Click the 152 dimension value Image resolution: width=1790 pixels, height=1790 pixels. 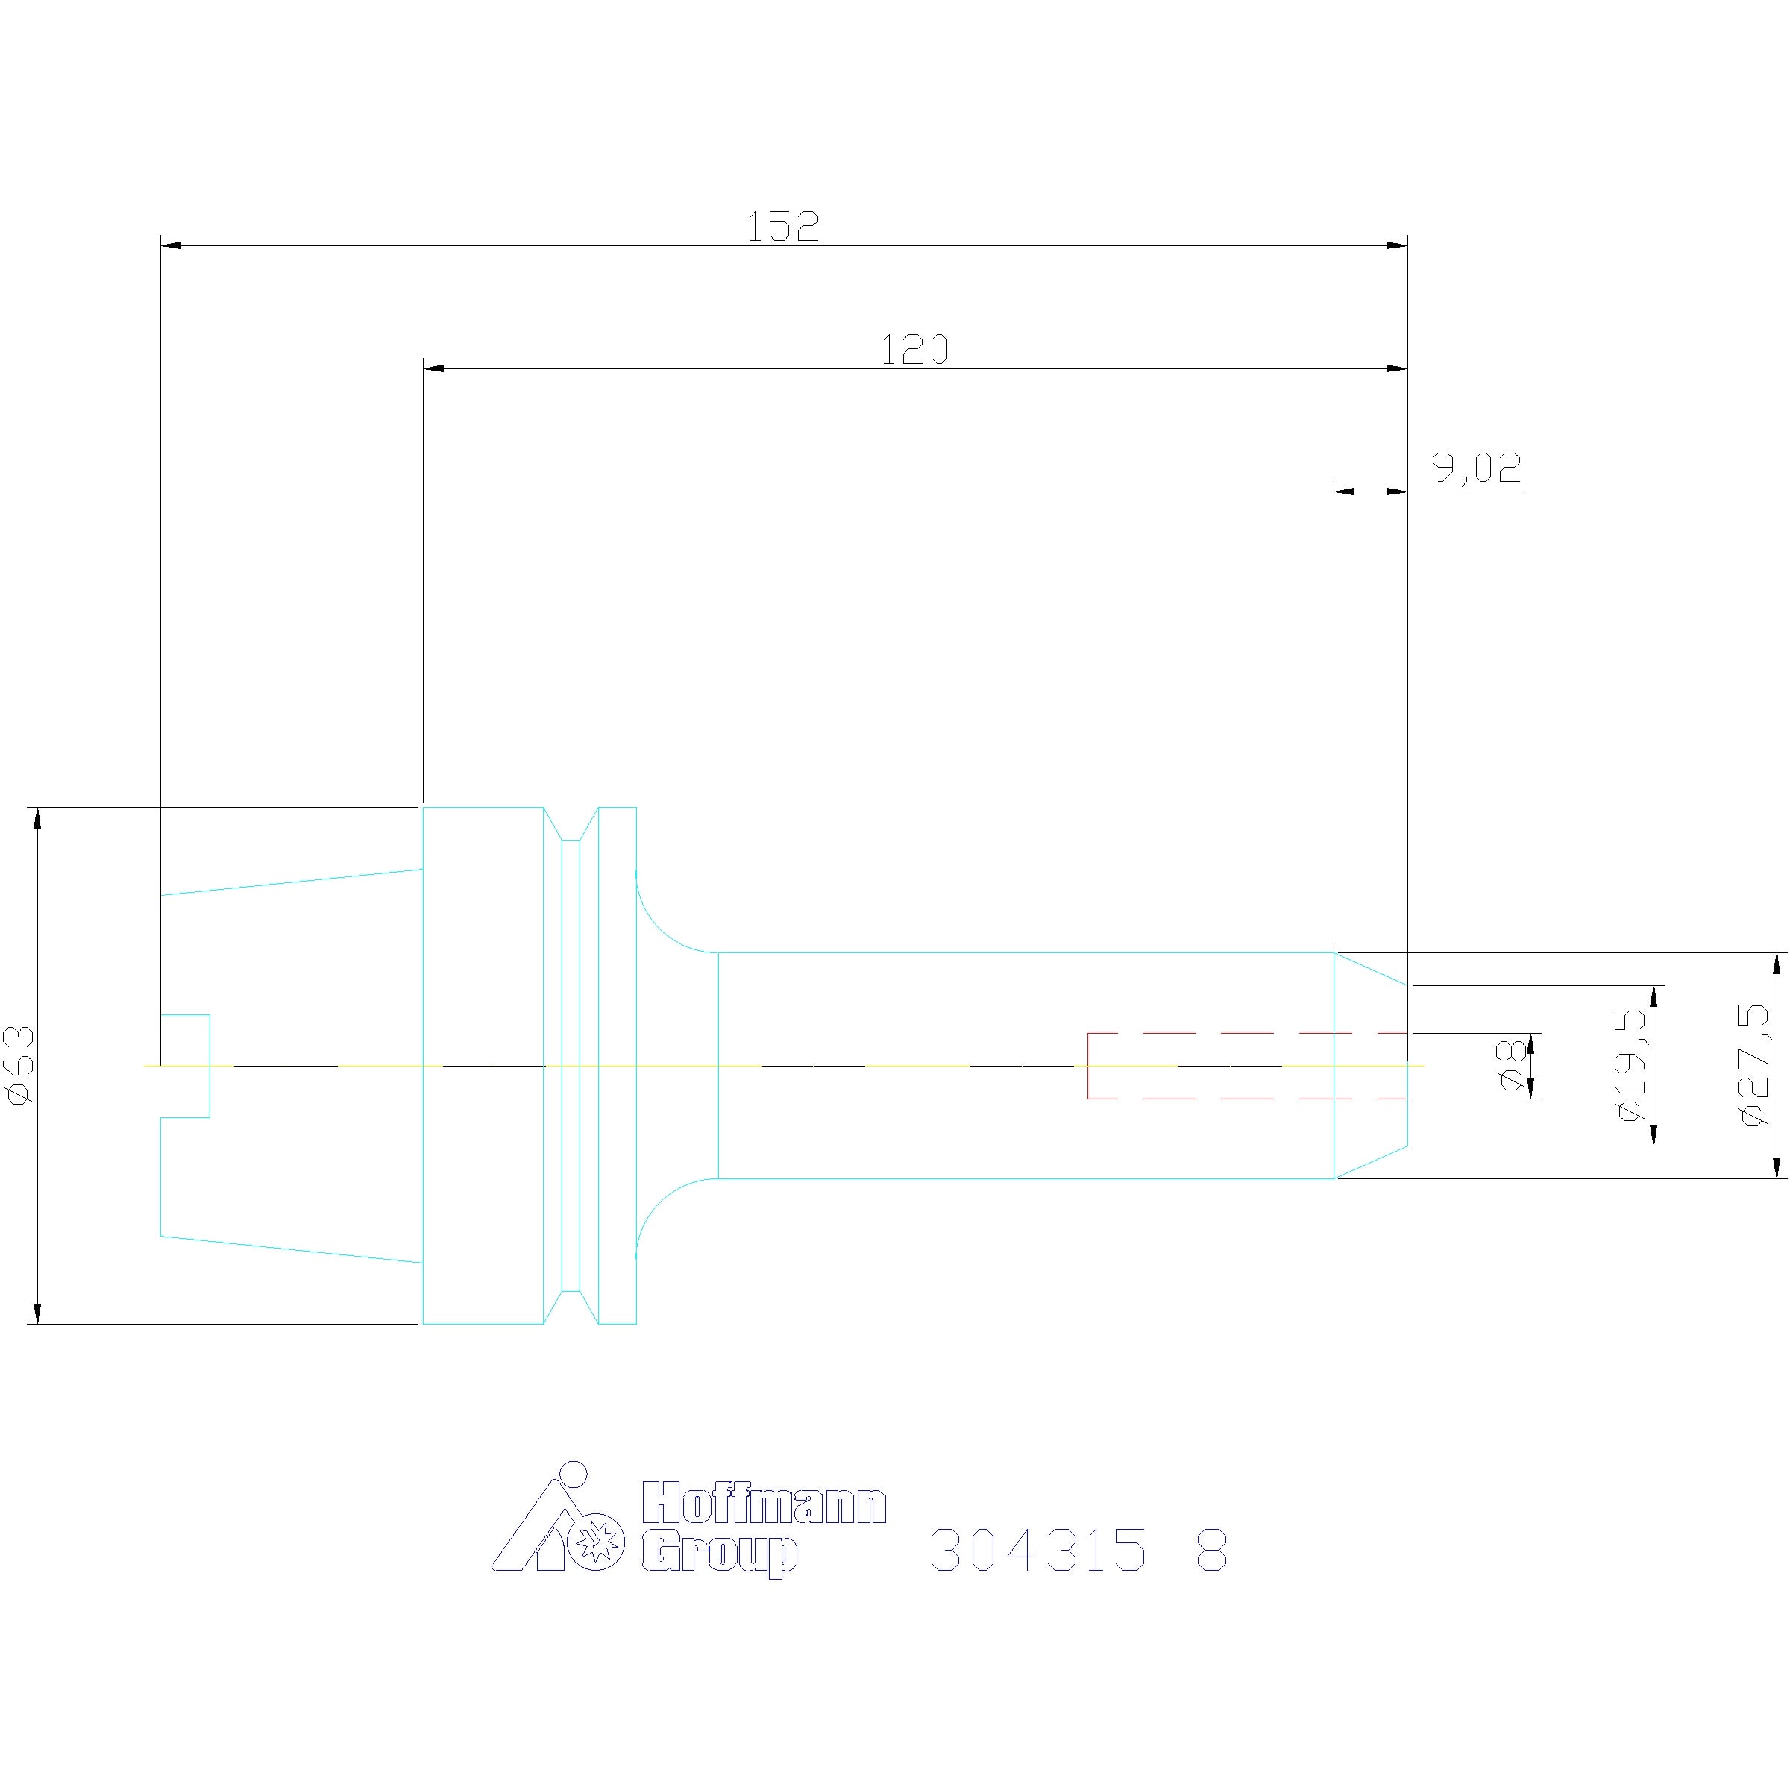click(x=783, y=226)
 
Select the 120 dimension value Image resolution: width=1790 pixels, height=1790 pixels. click(x=914, y=351)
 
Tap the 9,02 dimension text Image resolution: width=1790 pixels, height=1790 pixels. click(x=1477, y=468)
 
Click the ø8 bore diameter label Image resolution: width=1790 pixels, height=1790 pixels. click(x=1512, y=1066)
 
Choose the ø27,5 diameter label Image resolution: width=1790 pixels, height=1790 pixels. click(x=1754, y=1066)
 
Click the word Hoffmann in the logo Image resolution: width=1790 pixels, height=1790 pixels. click(x=764, y=1502)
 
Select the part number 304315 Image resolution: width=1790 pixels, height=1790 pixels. click(x=1037, y=1550)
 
